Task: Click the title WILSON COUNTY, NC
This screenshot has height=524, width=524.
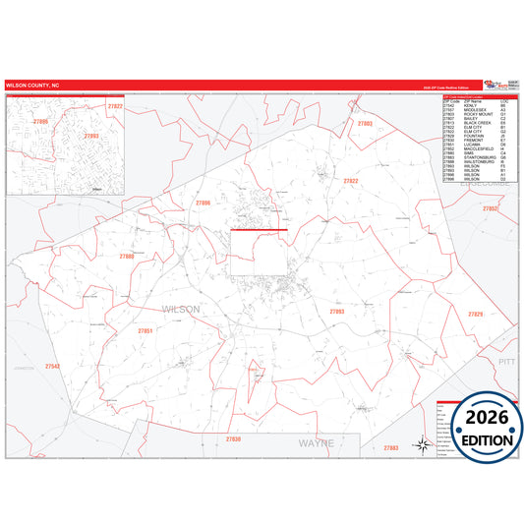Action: (31, 86)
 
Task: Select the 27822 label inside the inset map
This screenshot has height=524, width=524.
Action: (115, 106)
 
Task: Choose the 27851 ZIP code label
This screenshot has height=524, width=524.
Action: (146, 331)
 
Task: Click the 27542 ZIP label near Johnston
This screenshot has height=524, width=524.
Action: (52, 366)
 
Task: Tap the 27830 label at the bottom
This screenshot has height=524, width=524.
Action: (233, 438)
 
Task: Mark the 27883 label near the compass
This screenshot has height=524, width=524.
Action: (391, 447)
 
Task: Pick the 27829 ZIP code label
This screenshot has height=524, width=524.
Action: (476, 313)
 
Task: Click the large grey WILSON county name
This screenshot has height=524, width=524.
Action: (179, 309)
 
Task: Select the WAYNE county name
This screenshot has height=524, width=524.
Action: (316, 443)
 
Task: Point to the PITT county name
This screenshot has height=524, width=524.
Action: (506, 362)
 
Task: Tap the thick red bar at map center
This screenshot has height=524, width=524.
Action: (259, 230)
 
